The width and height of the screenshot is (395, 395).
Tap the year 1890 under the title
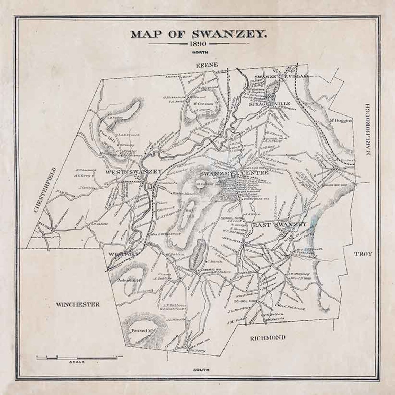(x=198, y=44)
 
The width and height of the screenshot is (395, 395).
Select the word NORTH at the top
(x=198, y=52)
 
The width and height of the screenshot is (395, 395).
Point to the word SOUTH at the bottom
(x=201, y=370)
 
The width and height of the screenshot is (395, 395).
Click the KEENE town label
(x=207, y=65)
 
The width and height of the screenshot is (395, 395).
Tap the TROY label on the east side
(x=363, y=254)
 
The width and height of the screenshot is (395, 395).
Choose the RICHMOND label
(x=267, y=337)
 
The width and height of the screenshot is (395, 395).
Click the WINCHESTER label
(x=78, y=304)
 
